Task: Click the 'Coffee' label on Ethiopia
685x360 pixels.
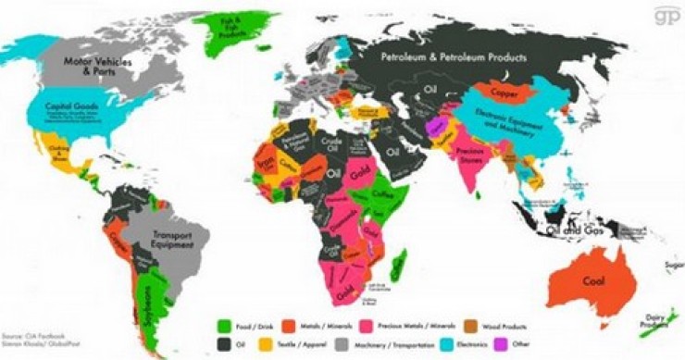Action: click(x=384, y=193)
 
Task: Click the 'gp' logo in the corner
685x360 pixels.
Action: click(x=666, y=17)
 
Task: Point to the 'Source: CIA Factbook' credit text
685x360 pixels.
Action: click(x=35, y=335)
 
